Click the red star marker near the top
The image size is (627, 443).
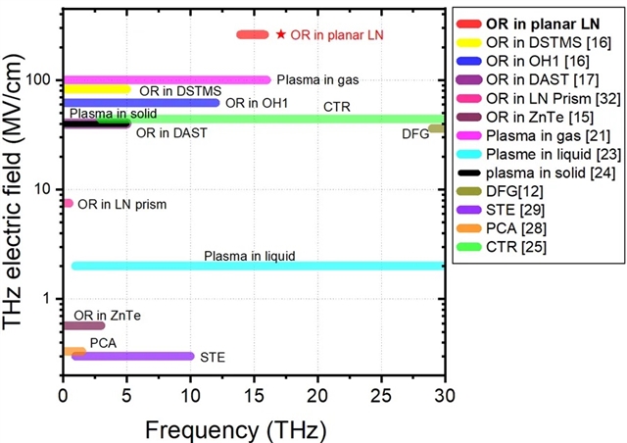click(x=281, y=34)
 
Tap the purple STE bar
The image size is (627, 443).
click(x=132, y=356)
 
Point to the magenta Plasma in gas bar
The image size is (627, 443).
click(x=167, y=79)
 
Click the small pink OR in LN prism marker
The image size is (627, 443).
click(x=68, y=203)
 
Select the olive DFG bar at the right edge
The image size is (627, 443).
click(x=437, y=128)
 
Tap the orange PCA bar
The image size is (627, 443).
click(x=74, y=350)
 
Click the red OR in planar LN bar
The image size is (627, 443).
click(x=252, y=34)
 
